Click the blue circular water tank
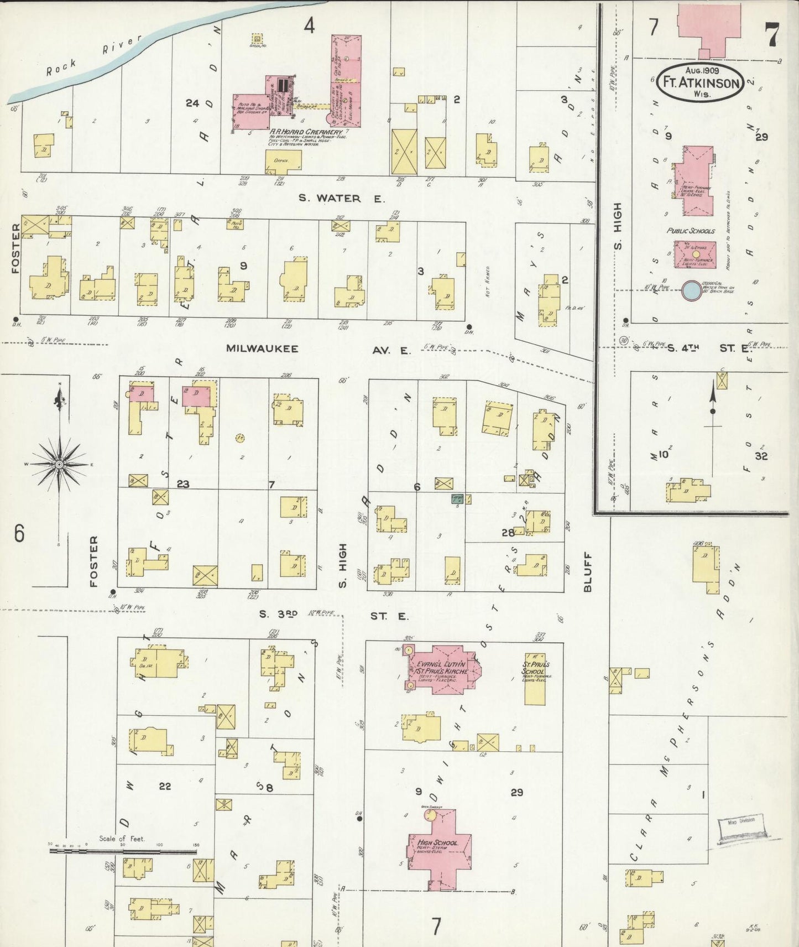691,290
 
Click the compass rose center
58,465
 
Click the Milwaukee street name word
262,349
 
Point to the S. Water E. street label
341,198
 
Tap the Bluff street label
587,572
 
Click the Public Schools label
691,231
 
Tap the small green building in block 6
457,498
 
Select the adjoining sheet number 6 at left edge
19,534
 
